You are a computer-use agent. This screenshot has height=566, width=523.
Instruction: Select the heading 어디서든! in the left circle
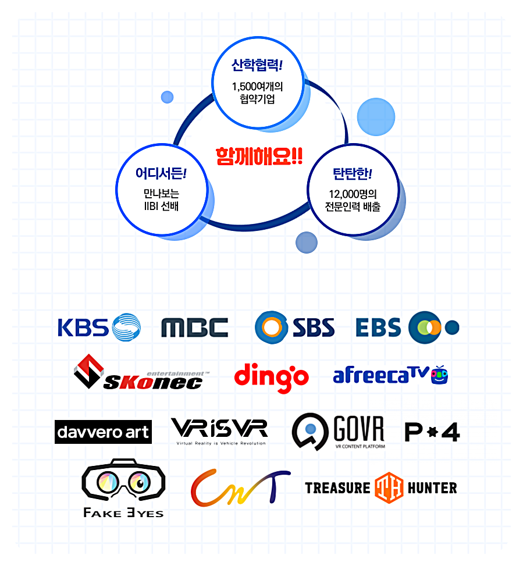coord(161,173)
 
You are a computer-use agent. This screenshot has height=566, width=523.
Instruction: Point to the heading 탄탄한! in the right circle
coord(352,173)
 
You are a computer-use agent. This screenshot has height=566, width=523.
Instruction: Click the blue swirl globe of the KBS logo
coord(126,327)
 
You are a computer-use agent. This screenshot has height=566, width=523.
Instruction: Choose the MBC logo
coord(194,328)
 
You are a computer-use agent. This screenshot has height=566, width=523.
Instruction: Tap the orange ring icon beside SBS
coord(271,327)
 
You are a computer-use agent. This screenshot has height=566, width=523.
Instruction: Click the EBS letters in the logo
coord(379,328)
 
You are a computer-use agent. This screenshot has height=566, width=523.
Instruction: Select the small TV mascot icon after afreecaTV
coord(439,376)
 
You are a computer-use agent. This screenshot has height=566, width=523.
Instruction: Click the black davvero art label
coord(103,432)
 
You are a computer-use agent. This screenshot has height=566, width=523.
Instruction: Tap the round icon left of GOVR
coord(310,431)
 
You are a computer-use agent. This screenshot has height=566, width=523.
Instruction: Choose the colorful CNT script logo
coord(240,487)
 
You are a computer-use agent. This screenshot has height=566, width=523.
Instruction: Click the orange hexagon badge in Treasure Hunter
coord(389,487)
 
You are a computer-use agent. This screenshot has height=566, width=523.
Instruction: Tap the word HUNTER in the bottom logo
coord(432,487)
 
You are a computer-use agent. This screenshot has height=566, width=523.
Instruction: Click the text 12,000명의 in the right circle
coord(353,194)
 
